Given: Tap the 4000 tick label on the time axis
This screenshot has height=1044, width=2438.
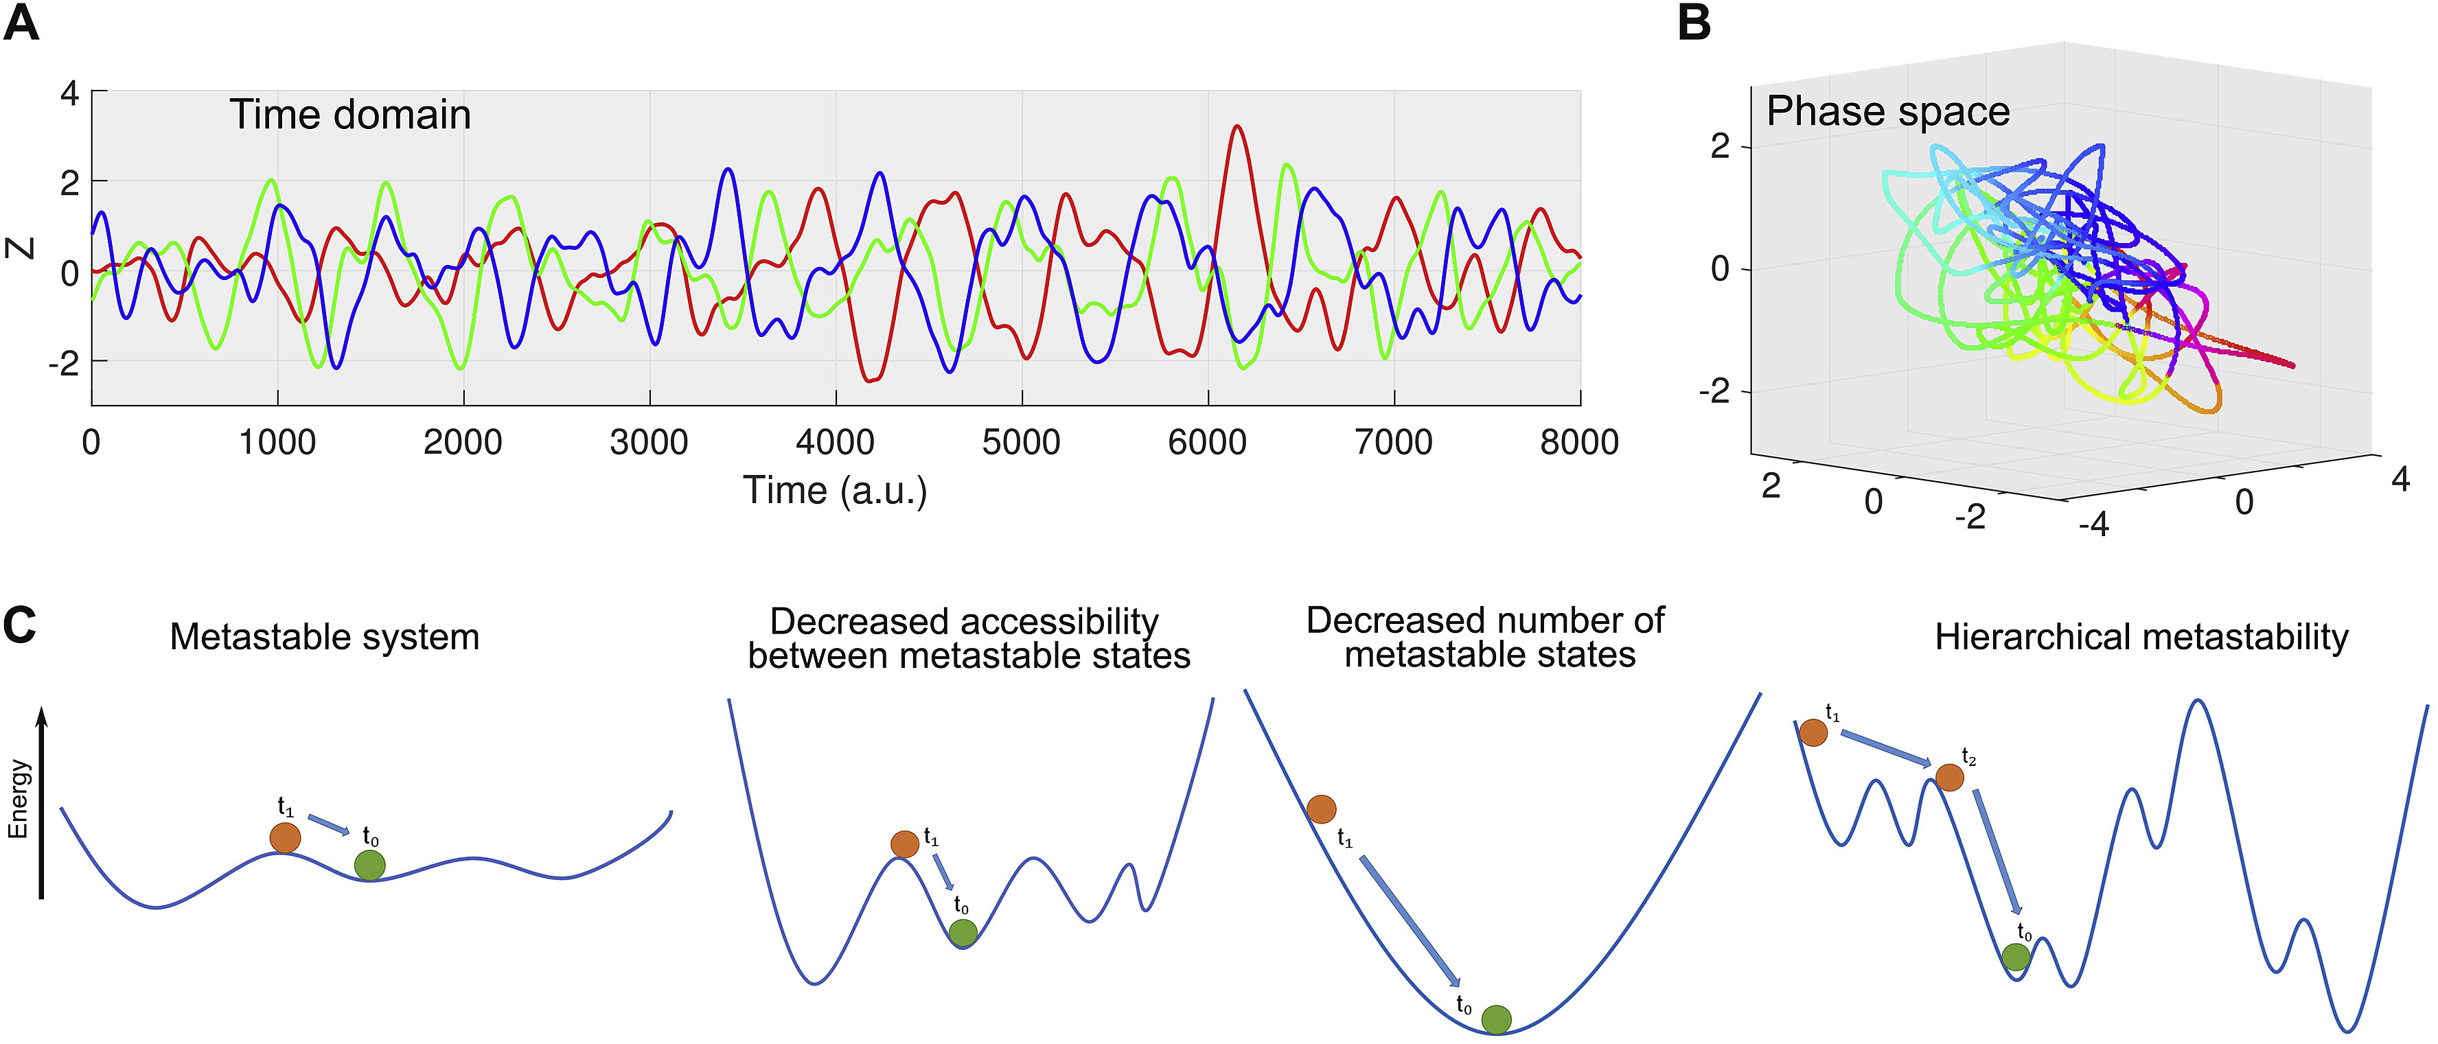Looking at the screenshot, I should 835,442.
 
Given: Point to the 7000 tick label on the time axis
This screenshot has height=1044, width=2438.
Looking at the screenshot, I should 1393,442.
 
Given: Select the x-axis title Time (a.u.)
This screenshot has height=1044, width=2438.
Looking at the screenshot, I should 835,490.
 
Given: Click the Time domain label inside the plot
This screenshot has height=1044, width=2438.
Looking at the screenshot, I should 350,115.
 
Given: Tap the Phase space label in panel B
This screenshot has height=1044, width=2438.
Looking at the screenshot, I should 1888,112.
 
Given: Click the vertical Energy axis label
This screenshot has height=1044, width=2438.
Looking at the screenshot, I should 19,799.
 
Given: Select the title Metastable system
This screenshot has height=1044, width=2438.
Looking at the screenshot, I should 325,637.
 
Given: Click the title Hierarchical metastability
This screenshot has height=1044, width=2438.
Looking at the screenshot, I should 2141,637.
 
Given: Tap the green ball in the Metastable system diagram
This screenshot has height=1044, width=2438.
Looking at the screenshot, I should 370,865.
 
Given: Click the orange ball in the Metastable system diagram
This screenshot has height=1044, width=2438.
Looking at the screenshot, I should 285,837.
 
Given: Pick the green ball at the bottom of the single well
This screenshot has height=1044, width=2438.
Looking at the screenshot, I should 1496,1019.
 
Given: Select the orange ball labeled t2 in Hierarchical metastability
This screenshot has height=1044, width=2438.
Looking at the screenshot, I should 1950,778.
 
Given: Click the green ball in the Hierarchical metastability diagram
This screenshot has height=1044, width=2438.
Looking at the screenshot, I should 2016,957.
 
